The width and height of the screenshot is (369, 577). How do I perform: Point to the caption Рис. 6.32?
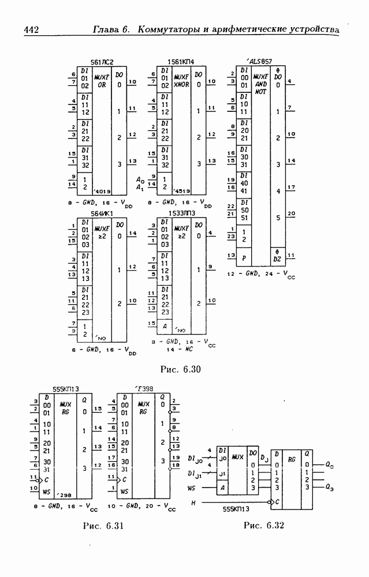(x=264, y=526)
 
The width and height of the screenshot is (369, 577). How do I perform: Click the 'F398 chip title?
(x=143, y=389)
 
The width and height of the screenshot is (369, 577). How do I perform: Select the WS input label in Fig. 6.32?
(x=192, y=488)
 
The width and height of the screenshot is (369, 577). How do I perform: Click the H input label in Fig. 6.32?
(x=193, y=503)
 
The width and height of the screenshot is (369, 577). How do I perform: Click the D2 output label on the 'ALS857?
(x=277, y=257)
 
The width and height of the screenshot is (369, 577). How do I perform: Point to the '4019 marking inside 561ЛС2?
(x=103, y=192)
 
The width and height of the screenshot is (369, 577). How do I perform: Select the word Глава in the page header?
(x=111, y=29)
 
